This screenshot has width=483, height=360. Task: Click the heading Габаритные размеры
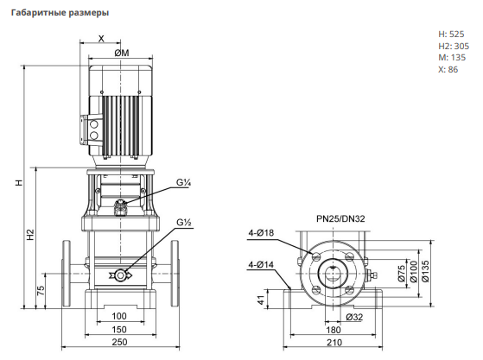[60, 13]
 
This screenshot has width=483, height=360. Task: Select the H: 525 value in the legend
[451, 35]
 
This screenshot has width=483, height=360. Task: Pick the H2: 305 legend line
[454, 46]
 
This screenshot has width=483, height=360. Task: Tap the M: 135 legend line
[452, 58]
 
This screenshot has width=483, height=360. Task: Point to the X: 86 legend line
[448, 70]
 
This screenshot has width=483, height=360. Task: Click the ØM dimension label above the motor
[122, 53]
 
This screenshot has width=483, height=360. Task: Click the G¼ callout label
[183, 182]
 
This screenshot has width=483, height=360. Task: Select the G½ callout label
[184, 222]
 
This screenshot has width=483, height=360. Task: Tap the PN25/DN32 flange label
[340, 218]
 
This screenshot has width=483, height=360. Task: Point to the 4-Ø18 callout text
[261, 233]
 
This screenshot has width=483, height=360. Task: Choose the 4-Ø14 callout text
[261, 265]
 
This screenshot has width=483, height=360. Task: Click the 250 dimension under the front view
[119, 342]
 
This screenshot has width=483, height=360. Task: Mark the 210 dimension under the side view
[334, 343]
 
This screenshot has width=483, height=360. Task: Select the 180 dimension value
[334, 330]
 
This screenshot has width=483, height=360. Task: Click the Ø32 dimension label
[354, 317]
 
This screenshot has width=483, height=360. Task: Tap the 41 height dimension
[261, 300]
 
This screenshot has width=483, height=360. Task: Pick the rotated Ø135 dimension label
[425, 271]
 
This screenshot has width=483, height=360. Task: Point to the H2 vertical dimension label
[30, 235]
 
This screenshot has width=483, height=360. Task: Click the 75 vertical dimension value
[41, 291]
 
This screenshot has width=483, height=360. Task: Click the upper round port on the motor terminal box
[93, 124]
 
